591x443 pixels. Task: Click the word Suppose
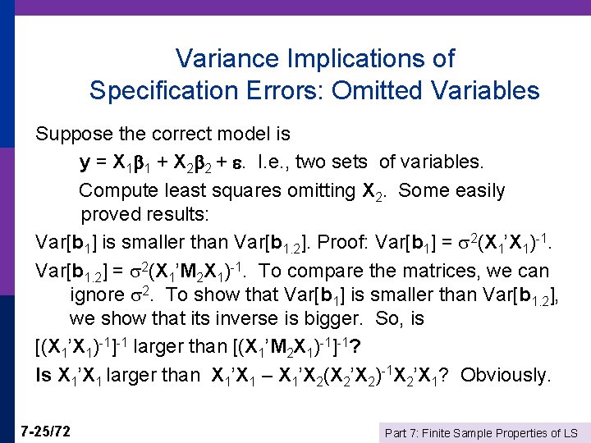(x=76, y=132)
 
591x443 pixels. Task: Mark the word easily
(x=475, y=191)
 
